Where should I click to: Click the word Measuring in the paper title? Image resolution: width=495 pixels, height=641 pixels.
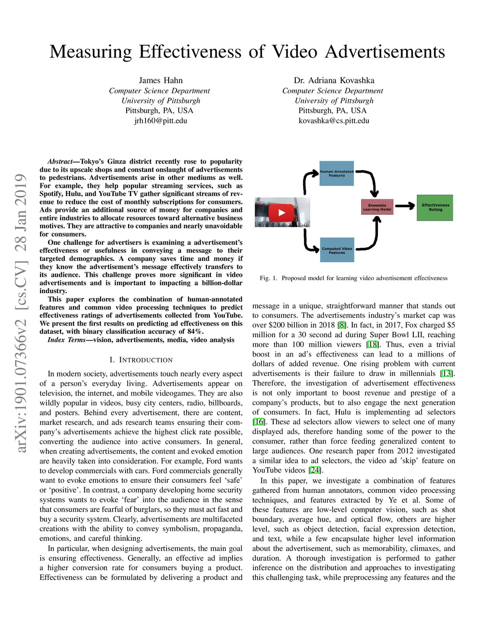tap(90, 52)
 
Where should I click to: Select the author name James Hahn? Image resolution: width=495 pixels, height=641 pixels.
tap(160, 80)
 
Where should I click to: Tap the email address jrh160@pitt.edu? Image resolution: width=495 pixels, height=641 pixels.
tap(160, 120)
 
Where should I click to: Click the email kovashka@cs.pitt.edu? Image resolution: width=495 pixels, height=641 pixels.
tap(334, 120)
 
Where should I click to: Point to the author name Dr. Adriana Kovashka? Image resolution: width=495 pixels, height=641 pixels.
tap(334, 80)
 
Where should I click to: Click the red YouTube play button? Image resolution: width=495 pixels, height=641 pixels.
tap(281, 212)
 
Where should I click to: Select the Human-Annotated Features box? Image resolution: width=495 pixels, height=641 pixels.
tap(337, 174)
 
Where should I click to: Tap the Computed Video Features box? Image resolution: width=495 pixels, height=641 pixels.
tap(337, 250)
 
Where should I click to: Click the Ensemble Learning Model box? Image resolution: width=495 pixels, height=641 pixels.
tap(377, 207)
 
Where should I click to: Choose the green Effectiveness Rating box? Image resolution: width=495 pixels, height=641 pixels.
tap(435, 208)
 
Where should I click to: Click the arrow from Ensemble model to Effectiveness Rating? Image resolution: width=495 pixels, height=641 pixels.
tap(405, 206)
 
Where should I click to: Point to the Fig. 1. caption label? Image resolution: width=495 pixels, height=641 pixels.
tap(268, 278)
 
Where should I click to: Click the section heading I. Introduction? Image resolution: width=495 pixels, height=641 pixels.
tap(141, 360)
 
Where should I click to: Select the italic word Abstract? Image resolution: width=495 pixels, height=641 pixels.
tap(59, 162)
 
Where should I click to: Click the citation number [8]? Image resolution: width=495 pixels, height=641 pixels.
tap(342, 325)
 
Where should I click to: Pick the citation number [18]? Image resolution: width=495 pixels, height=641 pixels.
tap(372, 344)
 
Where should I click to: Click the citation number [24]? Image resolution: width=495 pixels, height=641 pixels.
tap(315, 470)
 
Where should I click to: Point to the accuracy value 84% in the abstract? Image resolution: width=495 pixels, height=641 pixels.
tap(195, 331)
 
